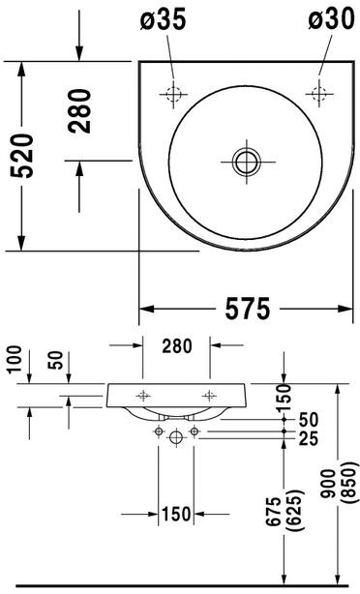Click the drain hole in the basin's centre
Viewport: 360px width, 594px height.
point(247,161)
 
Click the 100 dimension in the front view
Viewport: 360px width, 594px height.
point(11,367)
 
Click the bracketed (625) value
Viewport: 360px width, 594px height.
point(288,510)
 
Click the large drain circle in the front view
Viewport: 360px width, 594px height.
point(176,438)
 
